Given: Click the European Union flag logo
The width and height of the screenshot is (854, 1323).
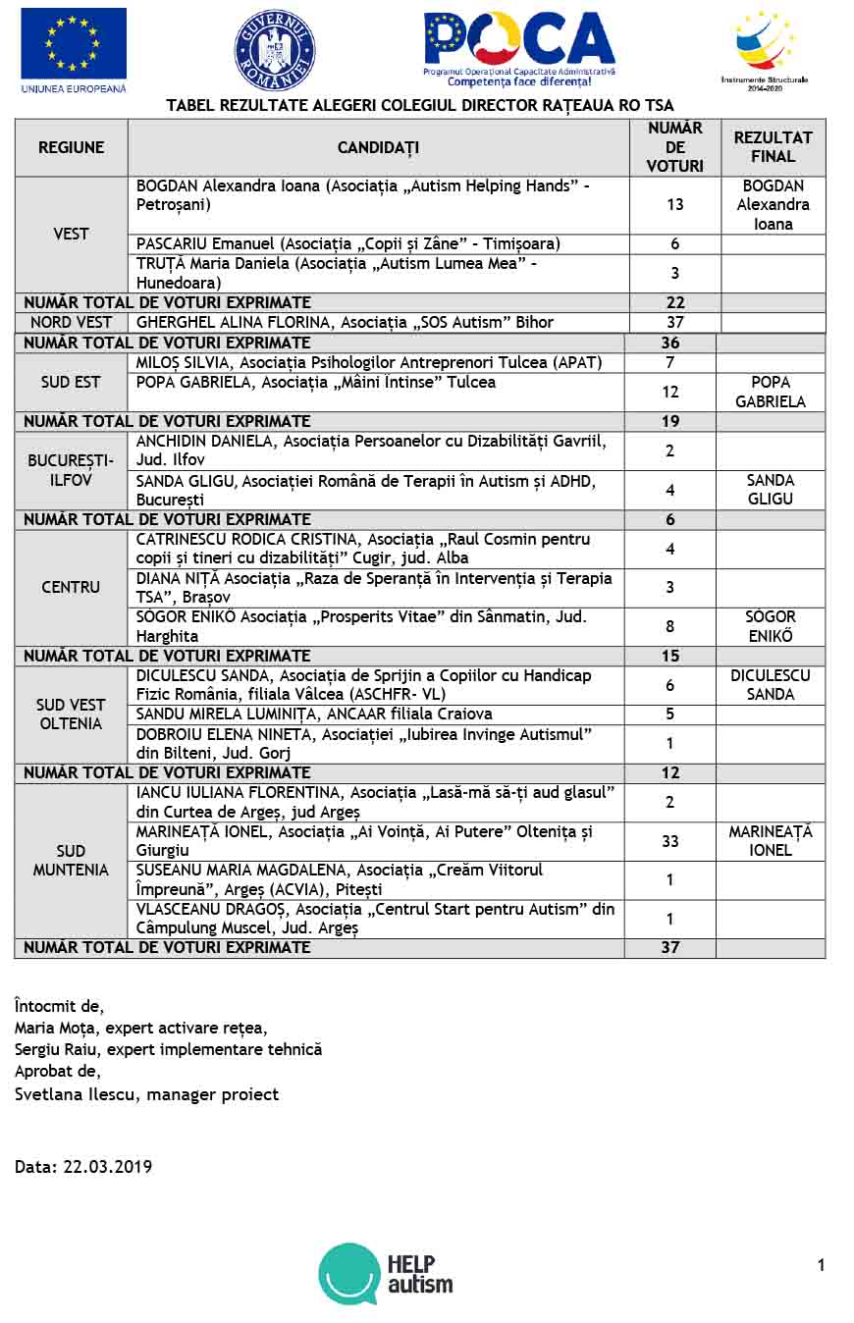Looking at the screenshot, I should coord(74,44).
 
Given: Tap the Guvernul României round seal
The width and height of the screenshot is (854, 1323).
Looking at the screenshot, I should coord(274,50).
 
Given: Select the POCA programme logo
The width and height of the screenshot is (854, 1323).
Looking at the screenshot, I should coord(519,44).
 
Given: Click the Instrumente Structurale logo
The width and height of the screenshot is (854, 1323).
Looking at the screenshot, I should coord(765,44).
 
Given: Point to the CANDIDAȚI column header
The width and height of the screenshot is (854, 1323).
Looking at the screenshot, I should coord(378,147).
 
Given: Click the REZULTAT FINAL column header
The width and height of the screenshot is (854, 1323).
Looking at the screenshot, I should coord(774,147).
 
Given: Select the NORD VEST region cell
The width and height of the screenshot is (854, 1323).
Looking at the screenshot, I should coord(71,322).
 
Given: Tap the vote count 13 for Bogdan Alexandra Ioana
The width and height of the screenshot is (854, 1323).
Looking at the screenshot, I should coord(674,205).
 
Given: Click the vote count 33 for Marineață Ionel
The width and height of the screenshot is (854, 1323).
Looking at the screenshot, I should coord(670,841).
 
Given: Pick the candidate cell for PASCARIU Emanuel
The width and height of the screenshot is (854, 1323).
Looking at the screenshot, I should coord(378,243).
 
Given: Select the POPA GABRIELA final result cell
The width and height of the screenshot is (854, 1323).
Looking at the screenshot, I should coord(771,392).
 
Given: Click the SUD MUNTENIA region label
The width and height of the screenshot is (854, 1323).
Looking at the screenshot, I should coord(71,860).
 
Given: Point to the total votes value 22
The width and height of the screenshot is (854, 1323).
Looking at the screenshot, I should coord(674,302).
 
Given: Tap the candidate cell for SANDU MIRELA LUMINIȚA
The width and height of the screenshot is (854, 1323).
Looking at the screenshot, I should coord(378,714).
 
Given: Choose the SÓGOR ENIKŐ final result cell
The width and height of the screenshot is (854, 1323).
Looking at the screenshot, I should coord(771,626).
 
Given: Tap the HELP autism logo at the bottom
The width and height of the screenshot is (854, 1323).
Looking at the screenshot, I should coord(386,1274).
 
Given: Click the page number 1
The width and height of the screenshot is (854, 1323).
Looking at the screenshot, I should coord(821,1265).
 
